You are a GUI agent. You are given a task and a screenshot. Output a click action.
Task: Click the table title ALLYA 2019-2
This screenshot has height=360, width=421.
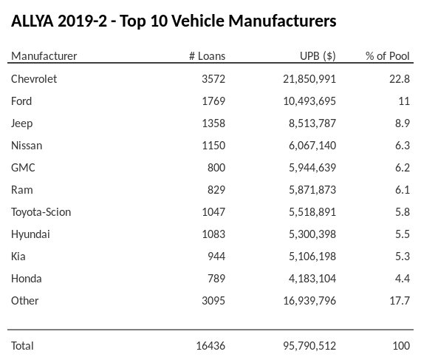coord(174,21)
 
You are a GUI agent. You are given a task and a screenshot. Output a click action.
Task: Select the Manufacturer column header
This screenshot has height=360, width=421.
coord(44,56)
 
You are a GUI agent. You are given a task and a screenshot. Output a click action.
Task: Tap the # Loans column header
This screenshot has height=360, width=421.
coord(207,56)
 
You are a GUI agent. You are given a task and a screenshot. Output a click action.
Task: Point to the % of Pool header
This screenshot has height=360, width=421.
coord(388,56)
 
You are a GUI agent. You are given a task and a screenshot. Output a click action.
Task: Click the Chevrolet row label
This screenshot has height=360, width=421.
coord(34,78)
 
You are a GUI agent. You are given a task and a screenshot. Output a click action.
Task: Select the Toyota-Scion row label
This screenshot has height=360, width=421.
coord(41,211)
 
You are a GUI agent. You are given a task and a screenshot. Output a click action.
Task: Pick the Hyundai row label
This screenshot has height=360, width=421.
coord(30,234)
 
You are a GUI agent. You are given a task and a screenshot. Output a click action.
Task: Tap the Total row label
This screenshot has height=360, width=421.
coord(22,345)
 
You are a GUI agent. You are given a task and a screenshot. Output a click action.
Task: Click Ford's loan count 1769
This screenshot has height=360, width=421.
coord(212,101)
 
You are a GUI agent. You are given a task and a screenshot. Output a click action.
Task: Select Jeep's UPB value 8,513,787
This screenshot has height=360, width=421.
coord(312,123)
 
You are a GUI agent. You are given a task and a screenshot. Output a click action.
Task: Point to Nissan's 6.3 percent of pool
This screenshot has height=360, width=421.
coord(403,145)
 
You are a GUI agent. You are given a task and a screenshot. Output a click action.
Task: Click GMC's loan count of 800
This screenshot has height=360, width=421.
coord(216,167)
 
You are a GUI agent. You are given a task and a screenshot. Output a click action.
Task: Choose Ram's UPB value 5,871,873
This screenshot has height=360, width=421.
coord(312,189)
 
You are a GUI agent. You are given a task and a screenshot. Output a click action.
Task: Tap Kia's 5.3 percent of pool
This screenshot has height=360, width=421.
coord(403,256)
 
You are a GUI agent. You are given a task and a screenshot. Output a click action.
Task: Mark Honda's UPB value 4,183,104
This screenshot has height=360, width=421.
coord(312,278)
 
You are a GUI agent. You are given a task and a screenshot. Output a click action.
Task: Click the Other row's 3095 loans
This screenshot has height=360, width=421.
coord(212,300)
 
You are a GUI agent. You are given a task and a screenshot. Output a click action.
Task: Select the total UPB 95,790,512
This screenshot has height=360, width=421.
coord(309,345)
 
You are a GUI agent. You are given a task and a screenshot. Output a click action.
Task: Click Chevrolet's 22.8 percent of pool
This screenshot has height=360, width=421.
coord(400,78)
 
